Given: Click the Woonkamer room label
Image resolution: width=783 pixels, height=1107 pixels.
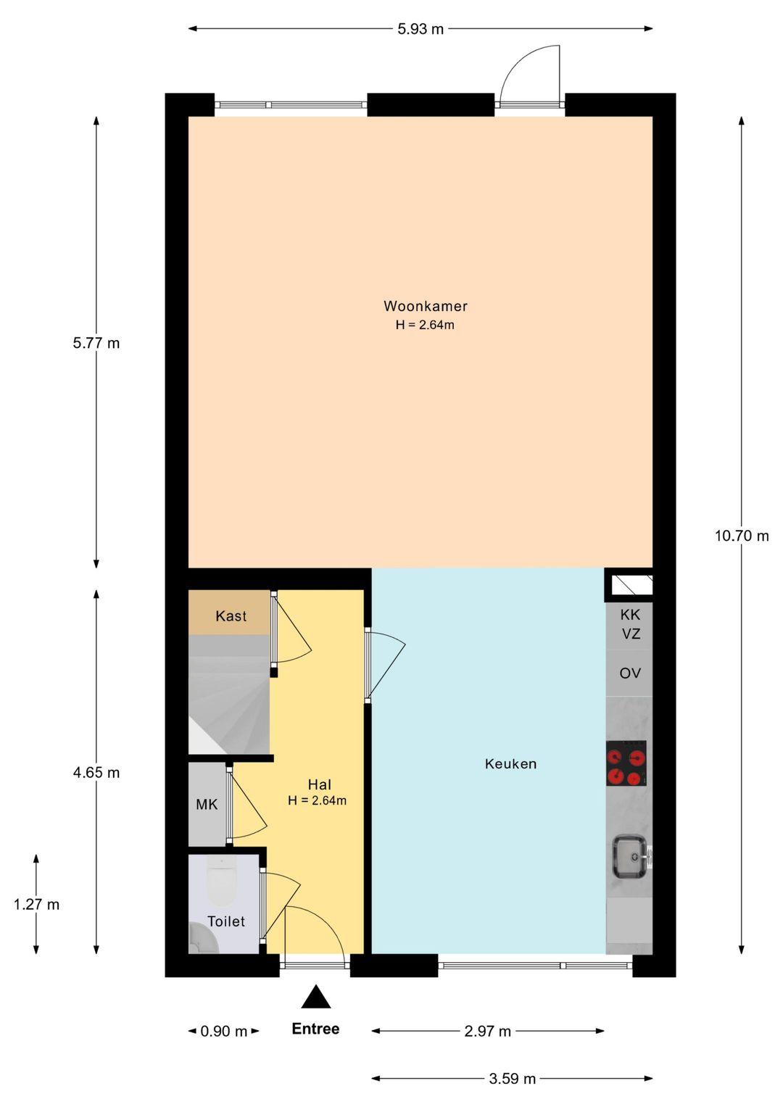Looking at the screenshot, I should (x=426, y=307).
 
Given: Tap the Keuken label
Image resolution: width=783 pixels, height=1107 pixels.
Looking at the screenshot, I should (x=510, y=764).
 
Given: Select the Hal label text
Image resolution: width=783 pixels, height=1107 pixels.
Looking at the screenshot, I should (x=319, y=785).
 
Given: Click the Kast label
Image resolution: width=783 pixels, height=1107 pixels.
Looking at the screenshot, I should (x=231, y=616).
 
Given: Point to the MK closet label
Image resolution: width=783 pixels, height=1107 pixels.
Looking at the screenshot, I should (x=207, y=805).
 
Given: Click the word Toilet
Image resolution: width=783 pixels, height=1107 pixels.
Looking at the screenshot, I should (x=226, y=921).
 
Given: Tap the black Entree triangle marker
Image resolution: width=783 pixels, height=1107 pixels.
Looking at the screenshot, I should (x=316, y=998).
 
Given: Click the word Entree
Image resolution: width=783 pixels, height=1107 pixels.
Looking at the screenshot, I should (x=315, y=1029).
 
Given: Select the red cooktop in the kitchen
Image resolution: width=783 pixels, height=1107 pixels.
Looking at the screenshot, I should (x=626, y=763).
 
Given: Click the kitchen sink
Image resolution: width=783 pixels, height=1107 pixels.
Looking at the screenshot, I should (x=631, y=856).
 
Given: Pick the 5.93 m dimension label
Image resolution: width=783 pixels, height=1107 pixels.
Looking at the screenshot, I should (x=420, y=30).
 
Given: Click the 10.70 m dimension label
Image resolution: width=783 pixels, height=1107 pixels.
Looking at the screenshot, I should (x=741, y=536).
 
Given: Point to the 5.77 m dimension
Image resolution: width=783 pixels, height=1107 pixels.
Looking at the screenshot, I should (x=96, y=344).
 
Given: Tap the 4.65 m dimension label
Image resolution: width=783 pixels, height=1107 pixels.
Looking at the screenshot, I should (x=96, y=773).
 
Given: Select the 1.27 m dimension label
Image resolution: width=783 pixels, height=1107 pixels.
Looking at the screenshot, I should (x=36, y=905).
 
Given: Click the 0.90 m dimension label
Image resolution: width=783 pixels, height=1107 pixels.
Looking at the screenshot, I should (x=223, y=1032).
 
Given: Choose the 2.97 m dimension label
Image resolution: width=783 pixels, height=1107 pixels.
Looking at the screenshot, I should (x=487, y=1032).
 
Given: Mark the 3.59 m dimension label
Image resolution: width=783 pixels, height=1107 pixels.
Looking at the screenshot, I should (x=512, y=1079).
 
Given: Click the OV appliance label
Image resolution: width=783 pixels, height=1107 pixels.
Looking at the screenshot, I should (x=629, y=673).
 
